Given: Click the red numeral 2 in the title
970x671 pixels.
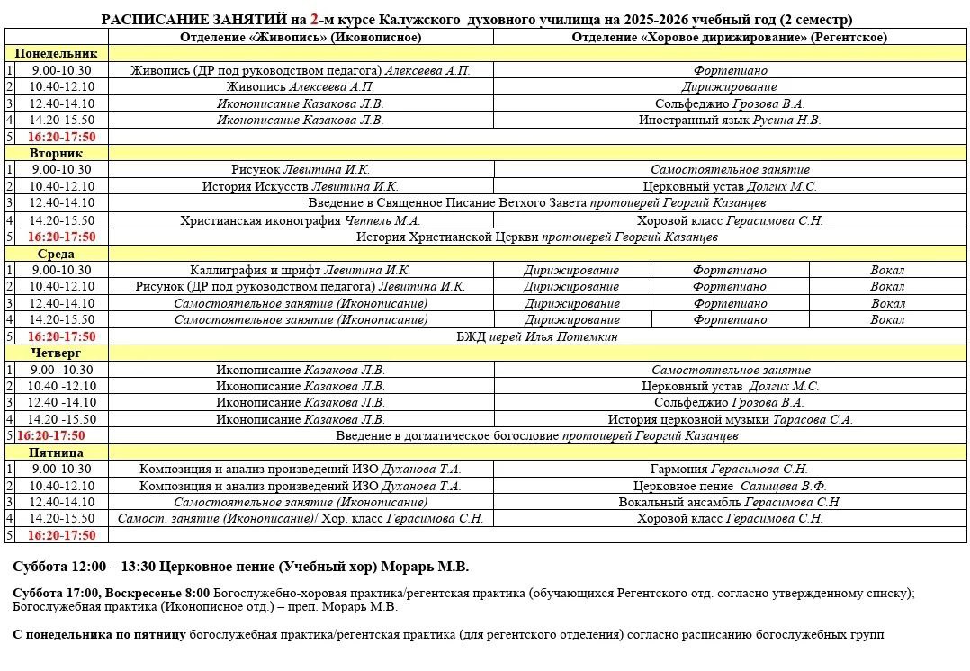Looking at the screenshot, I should (x=314, y=19).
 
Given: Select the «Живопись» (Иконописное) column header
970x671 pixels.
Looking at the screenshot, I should (x=301, y=37).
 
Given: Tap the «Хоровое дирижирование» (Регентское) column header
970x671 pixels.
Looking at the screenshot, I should (x=729, y=37).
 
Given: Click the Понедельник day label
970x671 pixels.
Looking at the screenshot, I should (x=56, y=53).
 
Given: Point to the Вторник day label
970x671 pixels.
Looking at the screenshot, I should (x=56, y=153).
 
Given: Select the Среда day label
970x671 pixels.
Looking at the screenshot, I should (x=56, y=254).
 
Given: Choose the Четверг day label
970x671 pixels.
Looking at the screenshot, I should (x=56, y=353).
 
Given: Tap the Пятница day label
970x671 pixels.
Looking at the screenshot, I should (x=56, y=452).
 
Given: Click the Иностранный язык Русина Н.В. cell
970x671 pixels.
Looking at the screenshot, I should (x=730, y=120).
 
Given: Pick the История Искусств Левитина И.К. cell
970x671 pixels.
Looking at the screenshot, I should (x=301, y=186).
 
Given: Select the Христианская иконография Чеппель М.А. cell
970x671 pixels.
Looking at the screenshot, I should (x=301, y=220).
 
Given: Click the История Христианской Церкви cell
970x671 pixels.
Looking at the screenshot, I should (x=537, y=237).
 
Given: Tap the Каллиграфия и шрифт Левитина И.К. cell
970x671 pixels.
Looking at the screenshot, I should (x=301, y=270).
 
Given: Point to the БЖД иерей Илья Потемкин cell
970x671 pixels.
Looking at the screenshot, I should (x=537, y=336).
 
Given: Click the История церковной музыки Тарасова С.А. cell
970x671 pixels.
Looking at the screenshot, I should (x=730, y=419).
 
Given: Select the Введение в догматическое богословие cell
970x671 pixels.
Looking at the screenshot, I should (x=537, y=435).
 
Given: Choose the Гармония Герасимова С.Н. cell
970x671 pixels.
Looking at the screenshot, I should (x=730, y=469).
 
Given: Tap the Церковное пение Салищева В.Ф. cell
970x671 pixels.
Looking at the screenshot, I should (x=730, y=486).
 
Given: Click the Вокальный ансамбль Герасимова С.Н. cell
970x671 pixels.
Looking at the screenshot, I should (x=730, y=502).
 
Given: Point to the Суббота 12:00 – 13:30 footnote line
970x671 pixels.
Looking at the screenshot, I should (x=241, y=567).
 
